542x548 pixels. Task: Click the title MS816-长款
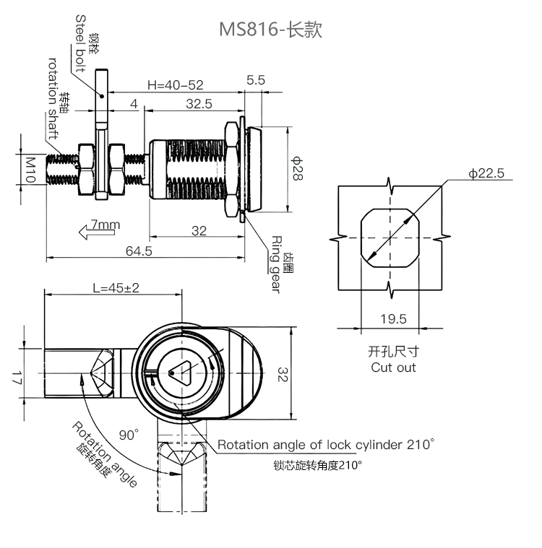coord(270,30)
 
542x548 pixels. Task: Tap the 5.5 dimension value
coord(256,80)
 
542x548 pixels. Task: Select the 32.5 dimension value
coord(199,104)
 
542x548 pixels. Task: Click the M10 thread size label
coord(30,170)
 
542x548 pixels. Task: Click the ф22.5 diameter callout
coord(485,173)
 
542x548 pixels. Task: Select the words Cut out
coord(393,367)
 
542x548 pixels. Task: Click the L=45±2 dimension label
coord(116,287)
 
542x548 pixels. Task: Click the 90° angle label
coord(129,435)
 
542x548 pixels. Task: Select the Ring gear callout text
coord(277,264)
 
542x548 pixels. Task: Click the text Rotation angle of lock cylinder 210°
coord(326,444)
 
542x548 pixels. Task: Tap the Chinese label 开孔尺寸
coord(393,352)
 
